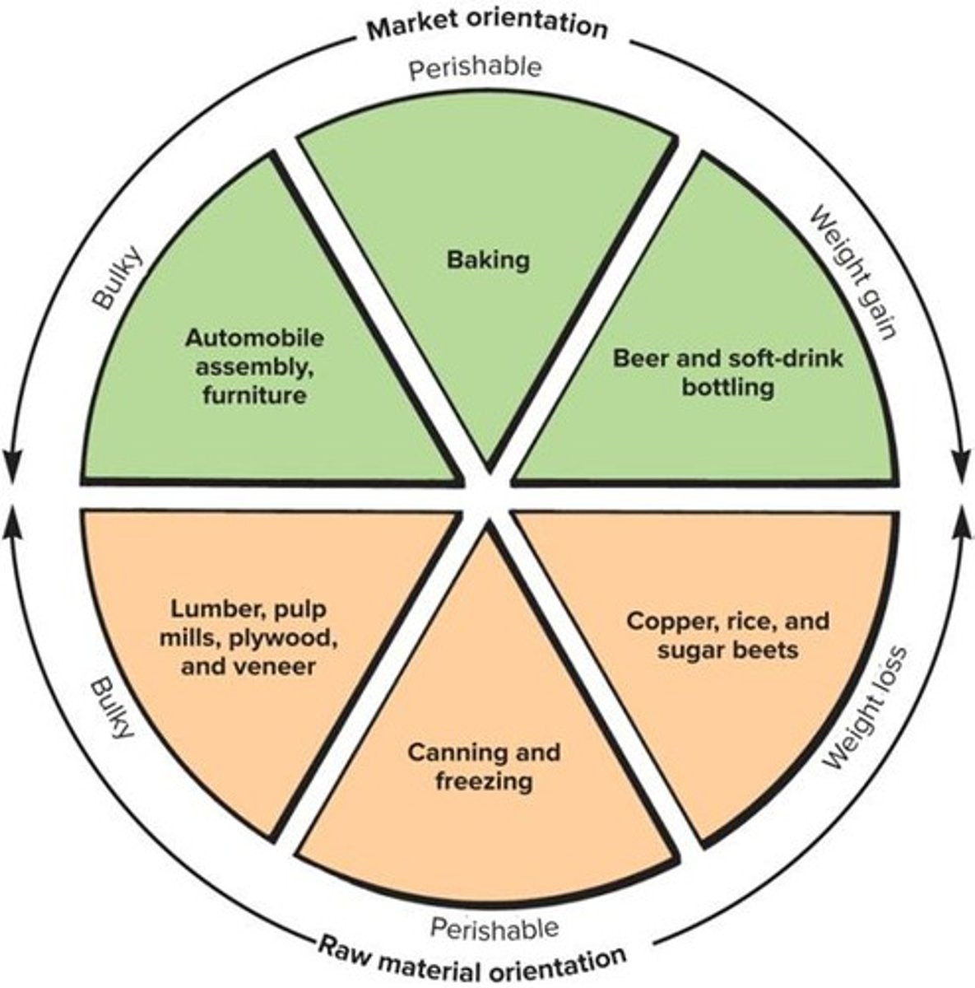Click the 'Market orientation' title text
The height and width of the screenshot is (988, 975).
pyautogui.click(x=487, y=26)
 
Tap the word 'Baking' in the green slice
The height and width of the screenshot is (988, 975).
pyautogui.click(x=488, y=260)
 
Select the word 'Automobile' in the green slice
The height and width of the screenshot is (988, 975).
pyautogui.click(x=254, y=338)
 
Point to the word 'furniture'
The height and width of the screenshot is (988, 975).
pyautogui.click(x=254, y=395)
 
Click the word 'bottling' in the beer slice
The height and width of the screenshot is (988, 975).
pyautogui.click(x=727, y=387)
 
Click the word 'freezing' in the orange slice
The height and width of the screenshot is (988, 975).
pyautogui.click(x=484, y=780)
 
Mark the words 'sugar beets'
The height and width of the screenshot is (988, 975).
pyautogui.click(x=727, y=650)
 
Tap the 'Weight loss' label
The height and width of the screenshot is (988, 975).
pyautogui.click(x=864, y=709)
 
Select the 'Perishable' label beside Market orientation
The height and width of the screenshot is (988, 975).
pyautogui.click(x=476, y=67)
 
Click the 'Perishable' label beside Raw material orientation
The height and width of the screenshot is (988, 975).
pyautogui.click(x=494, y=929)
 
